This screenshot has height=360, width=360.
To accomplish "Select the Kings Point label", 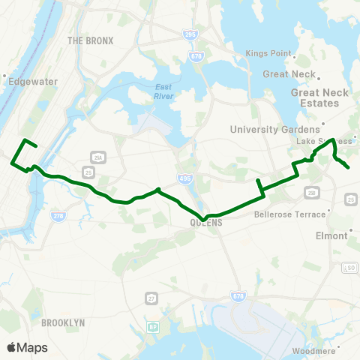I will [268, 53].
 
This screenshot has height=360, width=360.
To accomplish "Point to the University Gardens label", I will [274, 130].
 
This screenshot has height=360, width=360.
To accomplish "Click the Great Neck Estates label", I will [315, 97].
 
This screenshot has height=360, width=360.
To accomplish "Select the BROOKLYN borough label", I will [63, 322].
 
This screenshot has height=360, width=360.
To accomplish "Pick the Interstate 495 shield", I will [184, 178].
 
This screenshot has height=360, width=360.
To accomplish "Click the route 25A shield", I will [97, 157].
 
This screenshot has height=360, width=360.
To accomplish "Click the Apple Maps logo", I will [27, 347].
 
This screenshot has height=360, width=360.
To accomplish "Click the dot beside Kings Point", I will [296, 54].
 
